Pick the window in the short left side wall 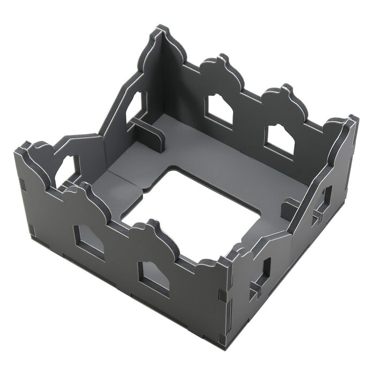[x=67, y=170]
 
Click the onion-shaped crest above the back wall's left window [x=220, y=66]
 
